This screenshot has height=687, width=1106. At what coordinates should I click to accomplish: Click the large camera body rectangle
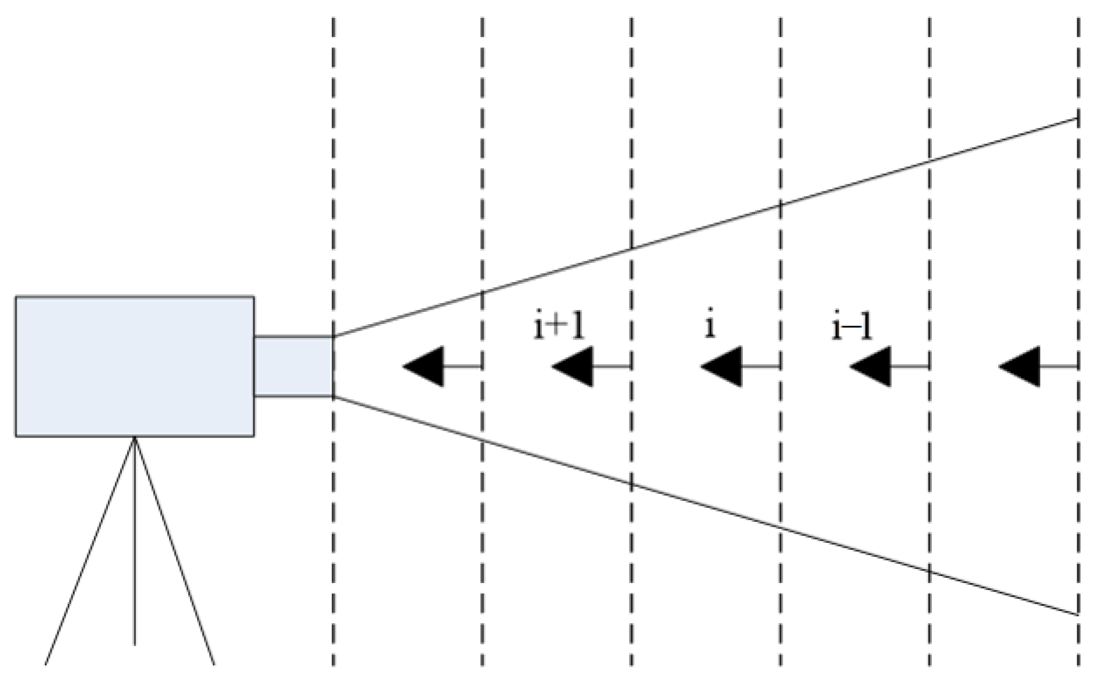[x=135, y=366]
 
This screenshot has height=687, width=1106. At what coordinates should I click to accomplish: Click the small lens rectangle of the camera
[x=294, y=366]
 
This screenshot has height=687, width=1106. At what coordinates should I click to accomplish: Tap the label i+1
[x=559, y=326]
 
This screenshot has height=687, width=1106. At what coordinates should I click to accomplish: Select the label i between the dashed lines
[x=710, y=326]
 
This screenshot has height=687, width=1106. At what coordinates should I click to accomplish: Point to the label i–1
[x=852, y=327]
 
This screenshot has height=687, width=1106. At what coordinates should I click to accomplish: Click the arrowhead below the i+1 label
[x=573, y=367]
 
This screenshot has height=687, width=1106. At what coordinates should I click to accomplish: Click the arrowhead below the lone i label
[x=722, y=367]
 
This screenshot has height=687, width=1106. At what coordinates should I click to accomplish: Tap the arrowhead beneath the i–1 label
[x=871, y=367]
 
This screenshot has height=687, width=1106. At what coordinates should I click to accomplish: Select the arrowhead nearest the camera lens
[x=424, y=367]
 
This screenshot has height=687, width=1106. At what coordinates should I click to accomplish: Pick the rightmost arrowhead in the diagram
[x=1020, y=367]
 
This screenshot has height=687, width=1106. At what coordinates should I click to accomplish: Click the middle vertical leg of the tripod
[x=135, y=542]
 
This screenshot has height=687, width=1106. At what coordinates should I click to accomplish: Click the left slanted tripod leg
[x=89, y=552]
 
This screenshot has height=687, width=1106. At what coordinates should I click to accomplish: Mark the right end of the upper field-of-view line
[x=1077, y=119]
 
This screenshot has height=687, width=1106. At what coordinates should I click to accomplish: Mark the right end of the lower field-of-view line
[x=1077, y=614]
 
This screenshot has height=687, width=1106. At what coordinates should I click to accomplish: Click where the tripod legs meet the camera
[x=135, y=438]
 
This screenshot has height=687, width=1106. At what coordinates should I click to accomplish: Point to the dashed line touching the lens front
[x=333, y=191]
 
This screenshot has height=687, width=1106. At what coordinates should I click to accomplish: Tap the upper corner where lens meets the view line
[x=333, y=336]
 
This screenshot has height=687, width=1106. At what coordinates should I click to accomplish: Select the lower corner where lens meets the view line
[x=333, y=397]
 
